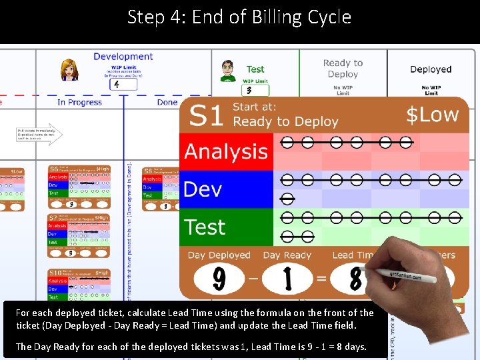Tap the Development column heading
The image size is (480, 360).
(123, 57)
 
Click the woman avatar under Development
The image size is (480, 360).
(69, 69)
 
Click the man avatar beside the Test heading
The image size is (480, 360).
(228, 69)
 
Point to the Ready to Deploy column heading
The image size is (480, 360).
(343, 69)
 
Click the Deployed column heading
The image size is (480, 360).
(431, 69)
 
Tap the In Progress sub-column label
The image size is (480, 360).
(80, 102)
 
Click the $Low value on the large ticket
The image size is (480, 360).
(433, 115)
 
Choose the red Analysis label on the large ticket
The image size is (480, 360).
(226, 151)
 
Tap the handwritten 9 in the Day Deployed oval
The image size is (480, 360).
(219, 278)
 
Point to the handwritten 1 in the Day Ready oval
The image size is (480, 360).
(288, 279)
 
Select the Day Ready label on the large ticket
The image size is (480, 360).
(287, 255)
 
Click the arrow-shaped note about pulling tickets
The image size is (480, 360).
(39, 135)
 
